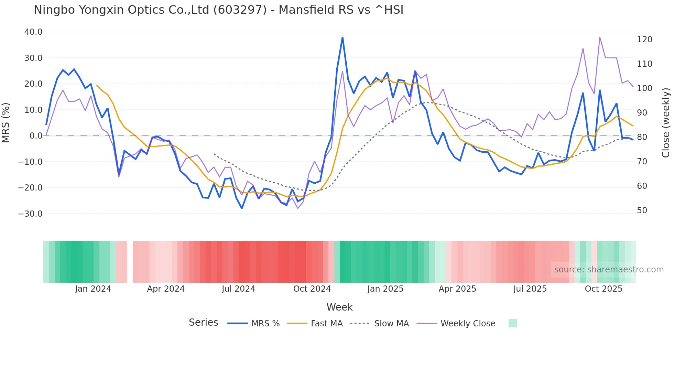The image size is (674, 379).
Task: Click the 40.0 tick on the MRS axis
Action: (33, 32)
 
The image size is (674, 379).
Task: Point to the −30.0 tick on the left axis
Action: (30, 214)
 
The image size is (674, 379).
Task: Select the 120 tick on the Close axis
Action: (644, 40)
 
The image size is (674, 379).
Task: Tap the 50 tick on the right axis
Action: (642, 210)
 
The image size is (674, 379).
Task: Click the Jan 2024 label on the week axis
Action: (93, 289)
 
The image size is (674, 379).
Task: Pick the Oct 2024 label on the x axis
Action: (312, 289)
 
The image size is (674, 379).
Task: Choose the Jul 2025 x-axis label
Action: (530, 289)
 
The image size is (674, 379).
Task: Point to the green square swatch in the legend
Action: (512, 323)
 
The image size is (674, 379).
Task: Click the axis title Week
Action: (339, 307)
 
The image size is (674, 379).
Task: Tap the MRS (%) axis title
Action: (6, 123)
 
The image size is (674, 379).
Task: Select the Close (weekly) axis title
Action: (666, 123)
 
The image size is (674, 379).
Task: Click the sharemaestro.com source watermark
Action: (609, 270)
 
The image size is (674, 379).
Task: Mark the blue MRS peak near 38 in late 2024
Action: (343, 37)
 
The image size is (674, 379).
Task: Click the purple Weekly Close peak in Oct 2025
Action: (600, 37)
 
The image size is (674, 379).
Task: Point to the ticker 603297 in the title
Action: (240, 10)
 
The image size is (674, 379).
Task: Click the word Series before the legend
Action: (203, 323)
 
